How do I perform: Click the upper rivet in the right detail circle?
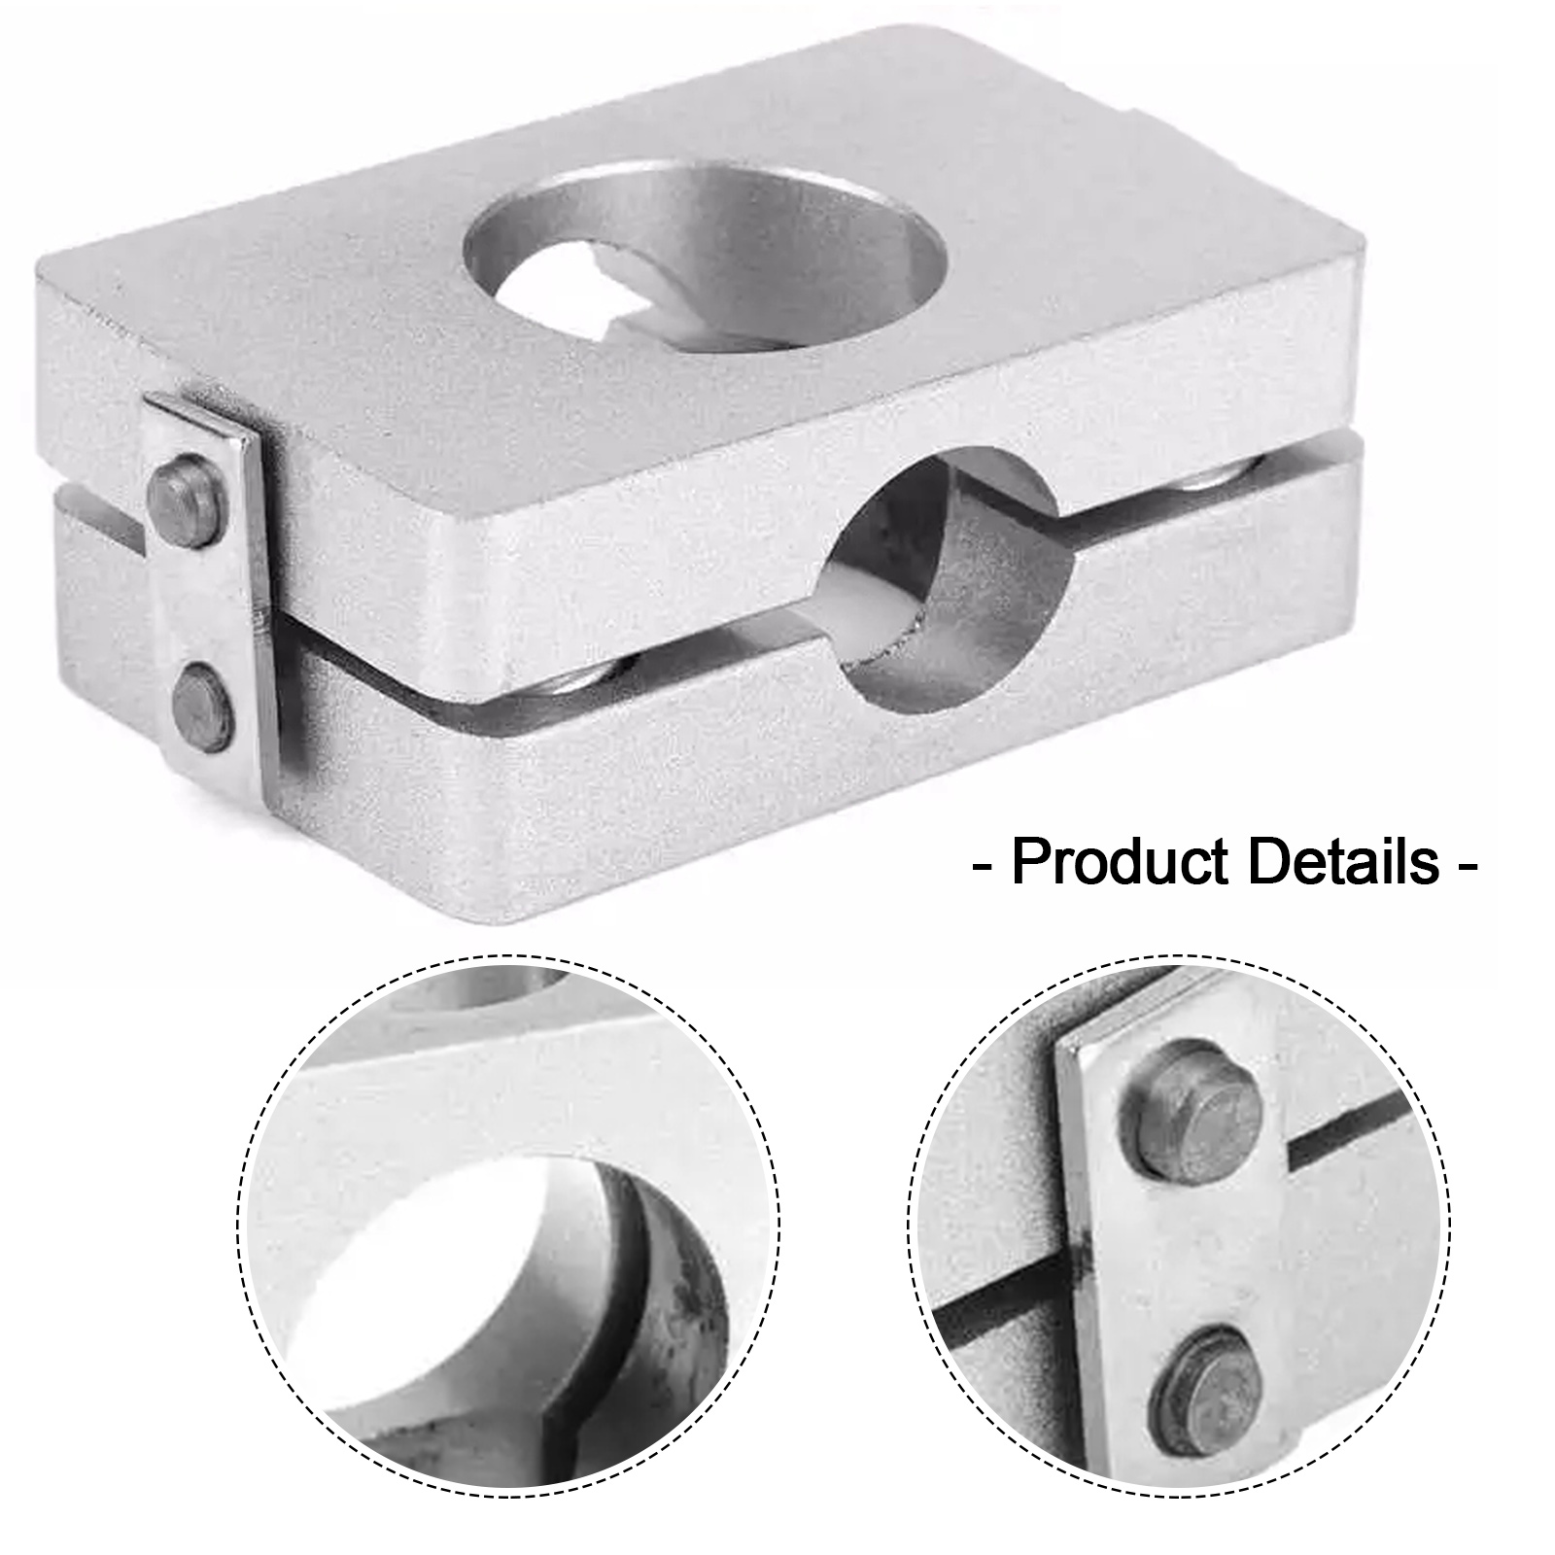(1192, 1112)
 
